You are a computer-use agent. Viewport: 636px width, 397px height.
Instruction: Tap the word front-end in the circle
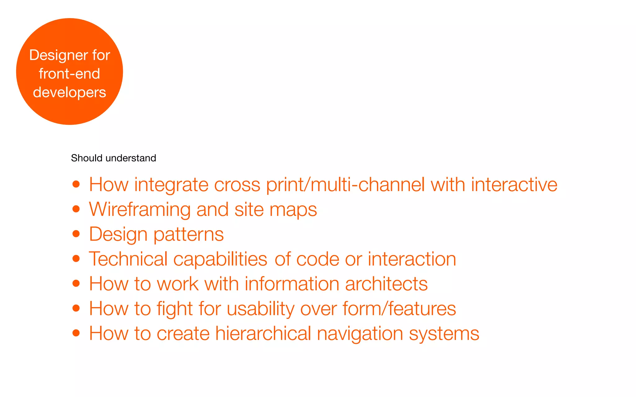pos(69,74)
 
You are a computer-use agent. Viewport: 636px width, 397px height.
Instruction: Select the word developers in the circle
pos(69,92)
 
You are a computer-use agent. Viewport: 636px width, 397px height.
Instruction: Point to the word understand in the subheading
pos(131,158)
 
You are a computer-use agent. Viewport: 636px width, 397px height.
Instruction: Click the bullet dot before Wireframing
pos(76,209)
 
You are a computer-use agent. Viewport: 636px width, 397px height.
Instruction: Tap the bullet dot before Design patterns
pos(76,234)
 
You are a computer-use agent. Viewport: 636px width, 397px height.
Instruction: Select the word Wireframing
pos(140,210)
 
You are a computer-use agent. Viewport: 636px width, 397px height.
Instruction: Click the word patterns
pos(189,234)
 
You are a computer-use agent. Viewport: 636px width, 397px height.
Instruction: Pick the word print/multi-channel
pos(345,185)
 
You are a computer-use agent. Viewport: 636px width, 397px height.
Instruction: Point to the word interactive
pos(514,185)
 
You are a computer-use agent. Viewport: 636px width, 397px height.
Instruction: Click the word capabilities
pos(220,259)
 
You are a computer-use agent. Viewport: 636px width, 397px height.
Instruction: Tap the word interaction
pos(412,259)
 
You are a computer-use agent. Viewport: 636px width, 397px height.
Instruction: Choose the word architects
pos(386,284)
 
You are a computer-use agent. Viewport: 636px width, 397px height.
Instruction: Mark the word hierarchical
pos(263,333)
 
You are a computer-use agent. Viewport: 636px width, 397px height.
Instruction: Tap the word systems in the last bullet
pos(444,334)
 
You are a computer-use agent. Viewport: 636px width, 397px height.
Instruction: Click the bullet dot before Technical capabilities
pos(76,258)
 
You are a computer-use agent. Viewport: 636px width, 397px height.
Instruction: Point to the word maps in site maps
pos(293,210)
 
